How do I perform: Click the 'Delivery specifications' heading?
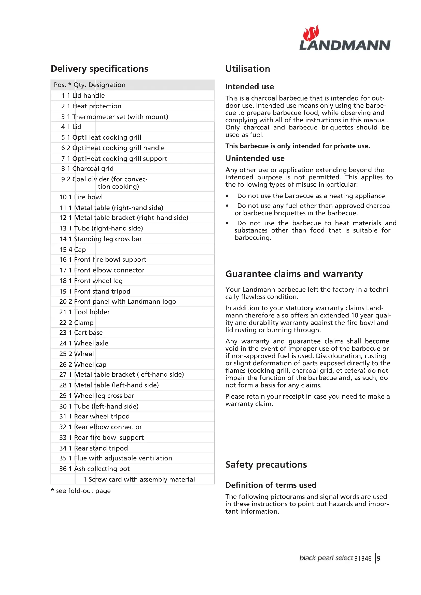[x=99, y=69]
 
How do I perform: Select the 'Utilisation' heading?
[x=248, y=69]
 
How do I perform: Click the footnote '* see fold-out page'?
[x=81, y=490]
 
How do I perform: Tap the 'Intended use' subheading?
[x=249, y=86]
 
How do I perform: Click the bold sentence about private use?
[x=297, y=146]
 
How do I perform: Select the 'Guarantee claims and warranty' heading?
[x=294, y=274]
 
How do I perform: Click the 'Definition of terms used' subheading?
[x=271, y=485]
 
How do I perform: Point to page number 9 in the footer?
[x=379, y=558]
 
